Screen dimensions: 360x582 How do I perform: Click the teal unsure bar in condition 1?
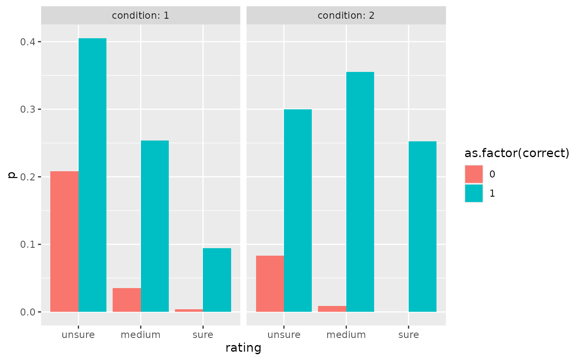tap(92, 175)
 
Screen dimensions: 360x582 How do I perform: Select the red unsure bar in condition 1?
tap(64, 241)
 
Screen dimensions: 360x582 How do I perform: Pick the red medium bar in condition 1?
tap(127, 300)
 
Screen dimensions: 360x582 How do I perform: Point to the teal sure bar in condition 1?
tap(217, 280)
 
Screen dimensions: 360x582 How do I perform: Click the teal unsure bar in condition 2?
tap(298, 210)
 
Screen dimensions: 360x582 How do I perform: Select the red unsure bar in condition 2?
tap(270, 284)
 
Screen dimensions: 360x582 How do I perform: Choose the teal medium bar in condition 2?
tap(360, 192)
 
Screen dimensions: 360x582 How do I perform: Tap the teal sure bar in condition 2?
tap(422, 227)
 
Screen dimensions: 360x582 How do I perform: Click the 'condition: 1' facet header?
tap(141, 16)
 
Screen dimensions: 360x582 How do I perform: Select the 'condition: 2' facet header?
tap(346, 16)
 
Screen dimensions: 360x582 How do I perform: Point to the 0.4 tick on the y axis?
tap(29, 42)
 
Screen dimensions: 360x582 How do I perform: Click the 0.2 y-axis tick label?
tap(29, 177)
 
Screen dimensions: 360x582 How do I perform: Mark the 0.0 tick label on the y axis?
tap(29, 312)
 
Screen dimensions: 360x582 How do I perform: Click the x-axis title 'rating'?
tap(243, 348)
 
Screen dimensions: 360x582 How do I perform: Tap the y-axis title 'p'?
tap(12, 175)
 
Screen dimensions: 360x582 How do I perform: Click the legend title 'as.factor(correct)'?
tap(517, 153)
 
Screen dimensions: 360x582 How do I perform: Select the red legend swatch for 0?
tap(474, 174)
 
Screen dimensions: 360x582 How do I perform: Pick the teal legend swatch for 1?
tap(474, 193)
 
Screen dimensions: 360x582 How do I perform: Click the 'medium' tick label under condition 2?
tap(346, 335)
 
